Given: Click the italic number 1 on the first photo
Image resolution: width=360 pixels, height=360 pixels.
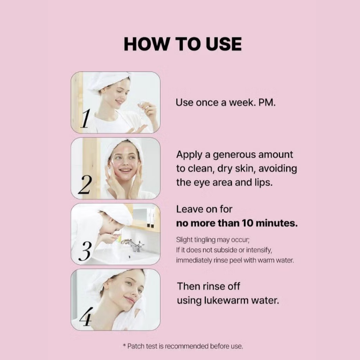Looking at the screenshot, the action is (85, 119).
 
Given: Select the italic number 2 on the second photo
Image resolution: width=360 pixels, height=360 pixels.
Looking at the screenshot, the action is (85, 184).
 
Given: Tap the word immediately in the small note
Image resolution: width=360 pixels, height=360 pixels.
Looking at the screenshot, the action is (194, 261).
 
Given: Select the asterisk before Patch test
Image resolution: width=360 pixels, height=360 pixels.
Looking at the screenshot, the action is (125, 345).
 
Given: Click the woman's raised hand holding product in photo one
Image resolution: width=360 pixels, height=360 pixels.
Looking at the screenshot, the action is (149, 110).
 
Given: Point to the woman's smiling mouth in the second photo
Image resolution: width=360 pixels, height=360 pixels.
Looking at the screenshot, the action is (125, 170).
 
